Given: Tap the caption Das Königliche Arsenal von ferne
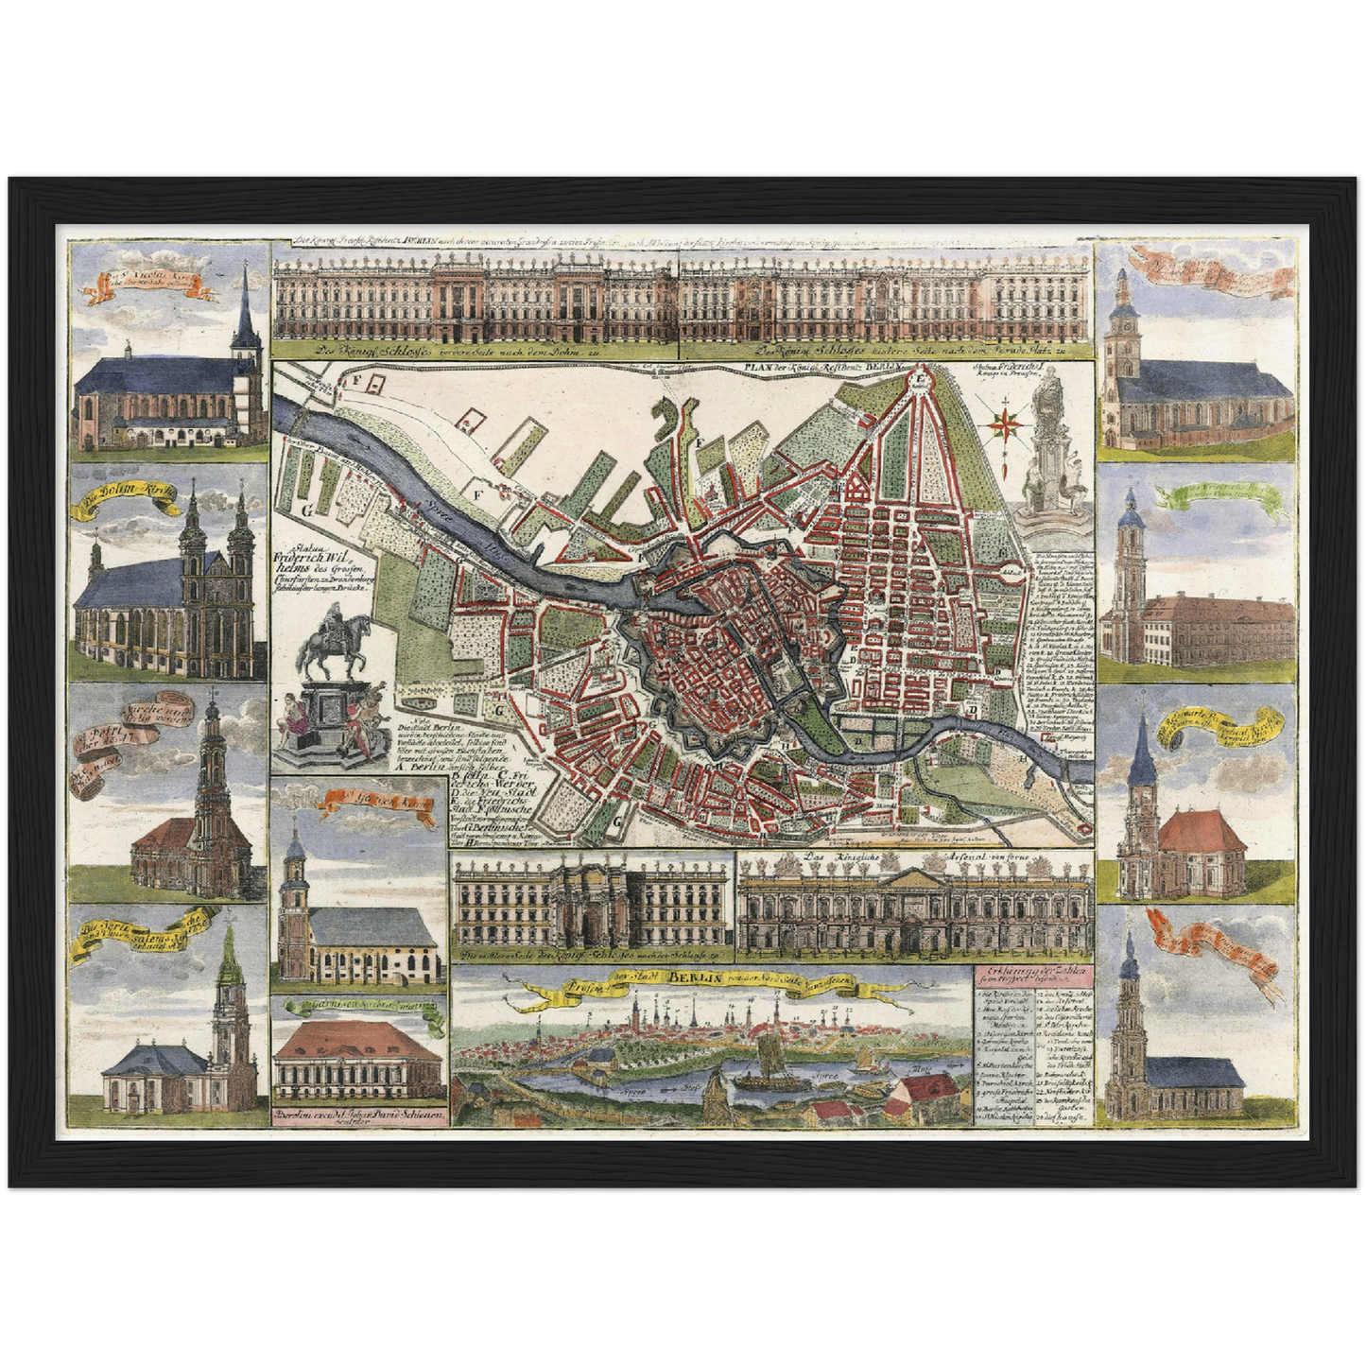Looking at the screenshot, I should click(852, 859).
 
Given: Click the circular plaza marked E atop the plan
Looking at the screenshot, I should click(920, 378).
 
